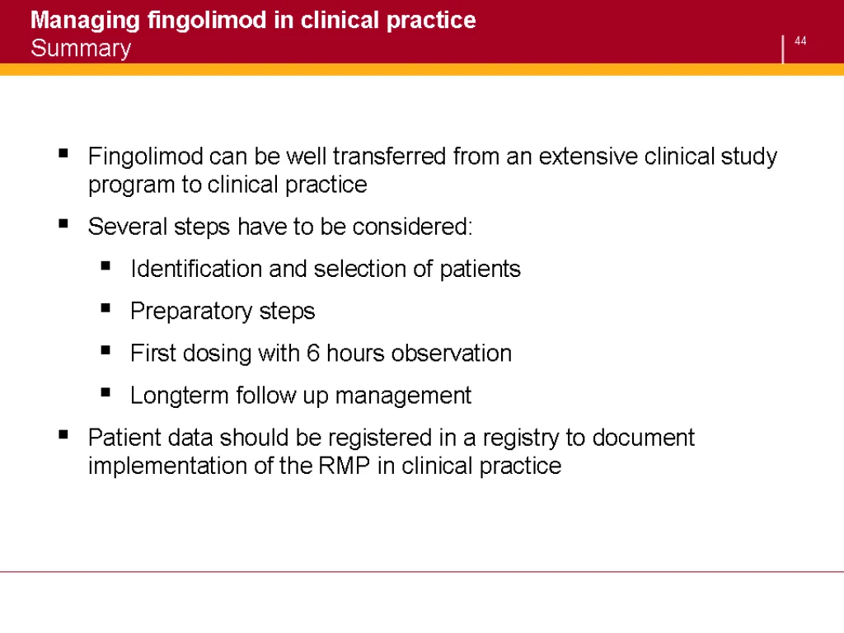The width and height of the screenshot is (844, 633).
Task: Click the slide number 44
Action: pyautogui.click(x=800, y=41)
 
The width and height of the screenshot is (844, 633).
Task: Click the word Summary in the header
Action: pyautogui.click(x=81, y=49)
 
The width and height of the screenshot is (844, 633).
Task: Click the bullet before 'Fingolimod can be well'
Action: pyautogui.click(x=63, y=153)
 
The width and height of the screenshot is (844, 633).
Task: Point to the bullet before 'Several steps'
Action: pyautogui.click(x=63, y=223)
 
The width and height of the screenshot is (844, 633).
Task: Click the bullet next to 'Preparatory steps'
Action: pyautogui.click(x=105, y=308)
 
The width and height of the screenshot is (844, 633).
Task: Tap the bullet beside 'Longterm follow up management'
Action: pyautogui.click(x=105, y=392)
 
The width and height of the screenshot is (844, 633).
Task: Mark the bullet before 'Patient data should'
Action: pyautogui.click(x=63, y=434)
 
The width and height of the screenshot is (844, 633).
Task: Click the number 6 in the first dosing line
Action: pyautogui.click(x=313, y=353)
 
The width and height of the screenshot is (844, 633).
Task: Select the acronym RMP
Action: pyautogui.click(x=345, y=466)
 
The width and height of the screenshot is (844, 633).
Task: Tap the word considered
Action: pyautogui.click(x=412, y=227)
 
